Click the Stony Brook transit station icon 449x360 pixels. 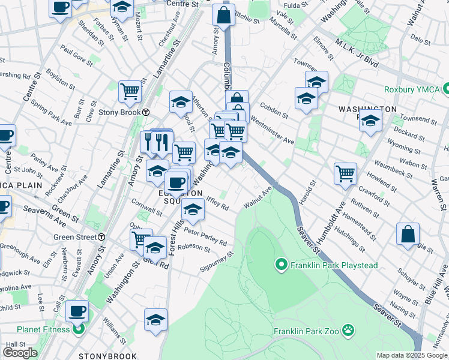[x=146, y=112]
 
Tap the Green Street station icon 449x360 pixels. [x=102, y=237]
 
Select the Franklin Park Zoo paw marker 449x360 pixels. [x=349, y=330]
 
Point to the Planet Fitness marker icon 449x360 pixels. [x=78, y=329]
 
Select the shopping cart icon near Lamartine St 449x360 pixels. [x=129, y=91]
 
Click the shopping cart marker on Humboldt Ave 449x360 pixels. [x=345, y=173]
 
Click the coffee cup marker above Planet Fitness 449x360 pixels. [x=77, y=311]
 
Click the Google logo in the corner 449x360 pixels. [x=20, y=353]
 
